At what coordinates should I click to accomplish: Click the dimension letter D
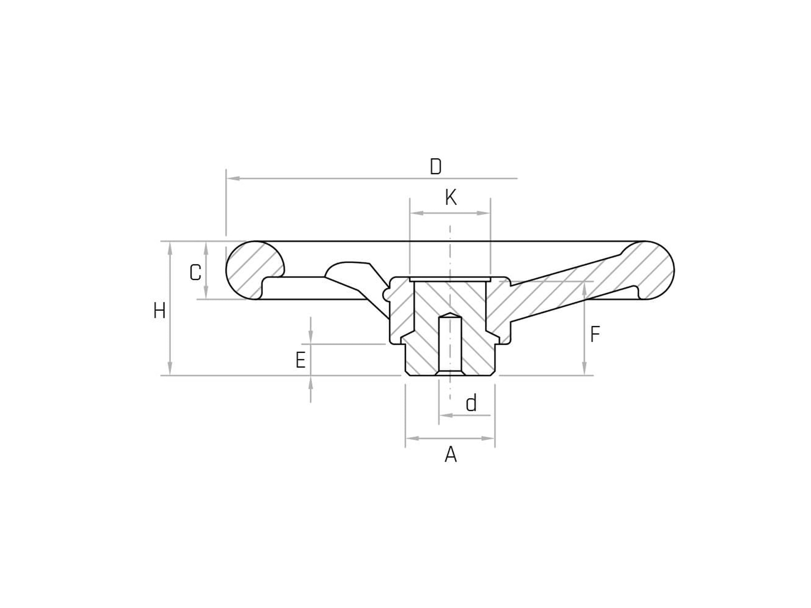(x=436, y=167)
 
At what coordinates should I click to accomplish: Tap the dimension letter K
(x=451, y=198)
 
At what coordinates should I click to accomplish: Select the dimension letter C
(x=196, y=273)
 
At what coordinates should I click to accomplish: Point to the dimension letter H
(x=160, y=311)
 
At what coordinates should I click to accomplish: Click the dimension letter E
(x=301, y=360)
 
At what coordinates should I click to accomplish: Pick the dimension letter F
(x=595, y=335)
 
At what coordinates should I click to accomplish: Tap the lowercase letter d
(x=471, y=403)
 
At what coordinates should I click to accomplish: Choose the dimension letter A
(x=451, y=455)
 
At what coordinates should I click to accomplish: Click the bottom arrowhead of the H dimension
(x=170, y=369)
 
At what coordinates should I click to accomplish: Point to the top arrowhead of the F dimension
(x=584, y=288)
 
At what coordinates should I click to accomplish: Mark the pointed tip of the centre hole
(x=450, y=314)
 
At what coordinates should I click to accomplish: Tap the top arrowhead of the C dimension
(x=206, y=248)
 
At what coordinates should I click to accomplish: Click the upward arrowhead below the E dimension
(x=311, y=383)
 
